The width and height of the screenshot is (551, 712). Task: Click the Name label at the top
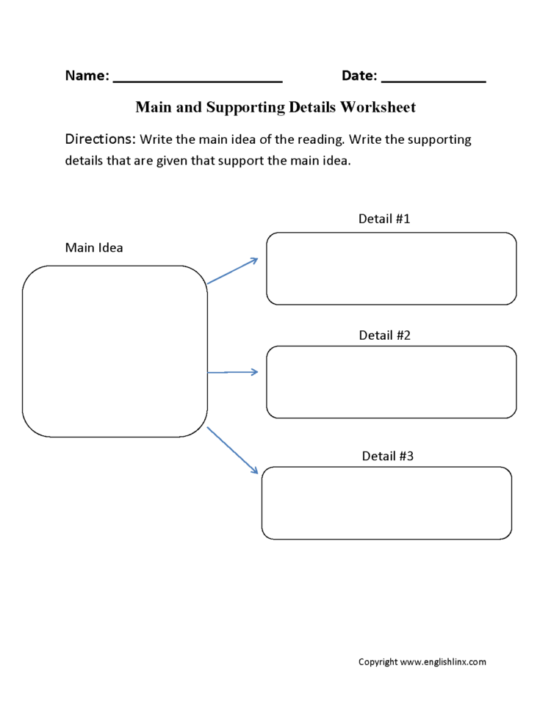pyautogui.click(x=87, y=76)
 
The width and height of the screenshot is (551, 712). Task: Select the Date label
pyautogui.click(x=359, y=76)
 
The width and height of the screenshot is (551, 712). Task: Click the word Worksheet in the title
pyautogui.click(x=378, y=107)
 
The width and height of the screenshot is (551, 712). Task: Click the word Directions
pyautogui.click(x=100, y=139)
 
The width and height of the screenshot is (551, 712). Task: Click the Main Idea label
pyautogui.click(x=94, y=247)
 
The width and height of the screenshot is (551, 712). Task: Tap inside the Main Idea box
pyautogui.click(x=115, y=351)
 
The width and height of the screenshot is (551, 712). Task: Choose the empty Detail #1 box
pyautogui.click(x=391, y=269)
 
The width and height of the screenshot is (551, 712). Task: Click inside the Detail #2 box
pyautogui.click(x=391, y=382)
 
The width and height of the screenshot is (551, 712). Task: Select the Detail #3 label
pyautogui.click(x=388, y=456)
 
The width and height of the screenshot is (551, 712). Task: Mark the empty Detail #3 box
pyautogui.click(x=386, y=503)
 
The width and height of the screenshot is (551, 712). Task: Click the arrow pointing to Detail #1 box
pyautogui.click(x=232, y=271)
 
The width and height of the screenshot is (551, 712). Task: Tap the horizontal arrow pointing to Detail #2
pyautogui.click(x=233, y=372)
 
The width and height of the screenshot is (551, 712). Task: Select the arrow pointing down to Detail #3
pyautogui.click(x=232, y=450)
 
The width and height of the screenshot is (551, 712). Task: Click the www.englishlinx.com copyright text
pyautogui.click(x=422, y=662)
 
